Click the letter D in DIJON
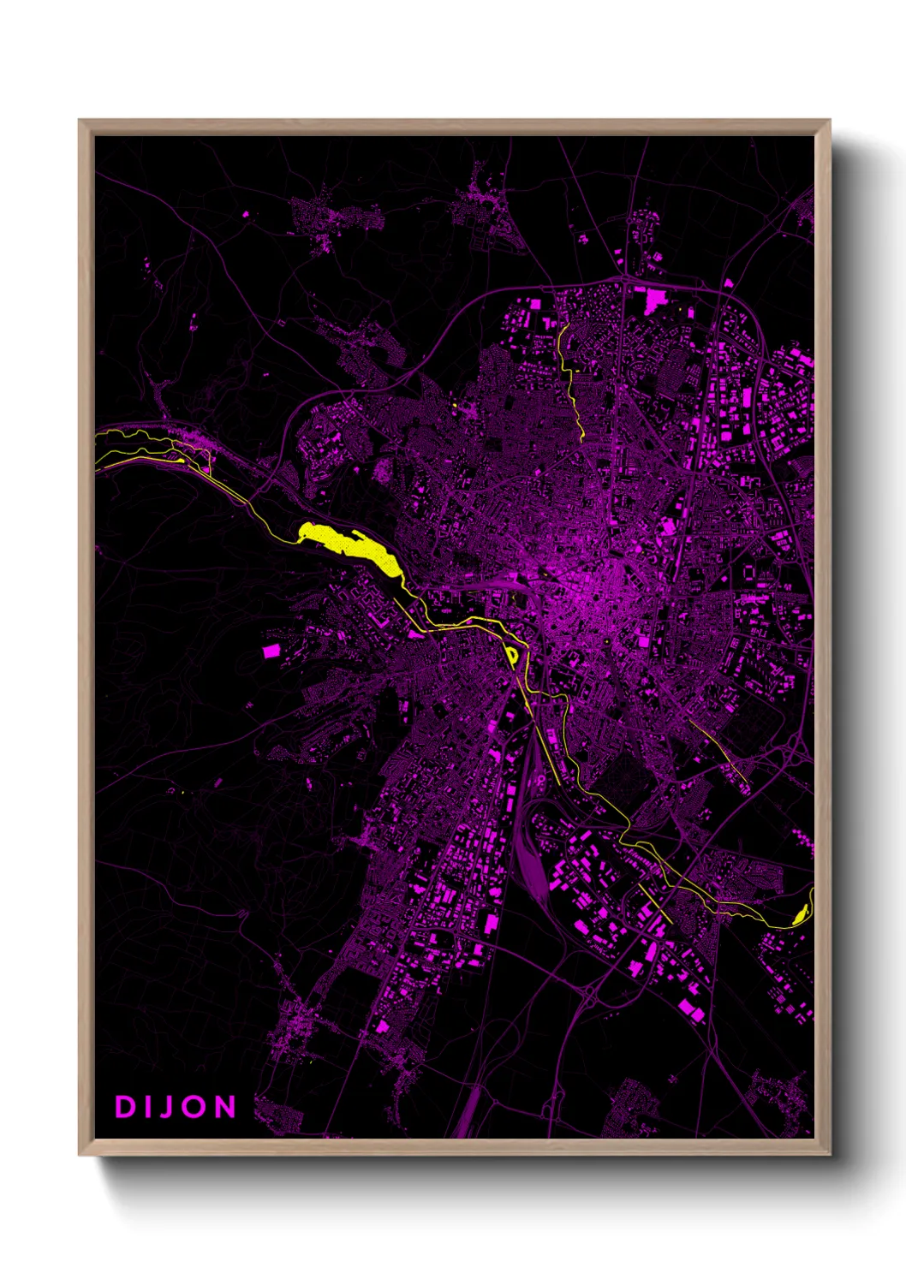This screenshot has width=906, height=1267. coord(125,1107)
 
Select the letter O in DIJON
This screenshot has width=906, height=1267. coord(195,1107)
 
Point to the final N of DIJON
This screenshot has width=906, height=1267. coord(225,1107)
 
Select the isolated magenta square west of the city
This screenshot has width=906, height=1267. coord(271,651)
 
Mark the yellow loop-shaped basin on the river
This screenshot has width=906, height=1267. coord(512,656)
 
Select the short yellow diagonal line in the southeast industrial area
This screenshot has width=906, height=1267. coord(655,903)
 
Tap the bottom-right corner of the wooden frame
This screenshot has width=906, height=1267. coord(828,1153)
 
